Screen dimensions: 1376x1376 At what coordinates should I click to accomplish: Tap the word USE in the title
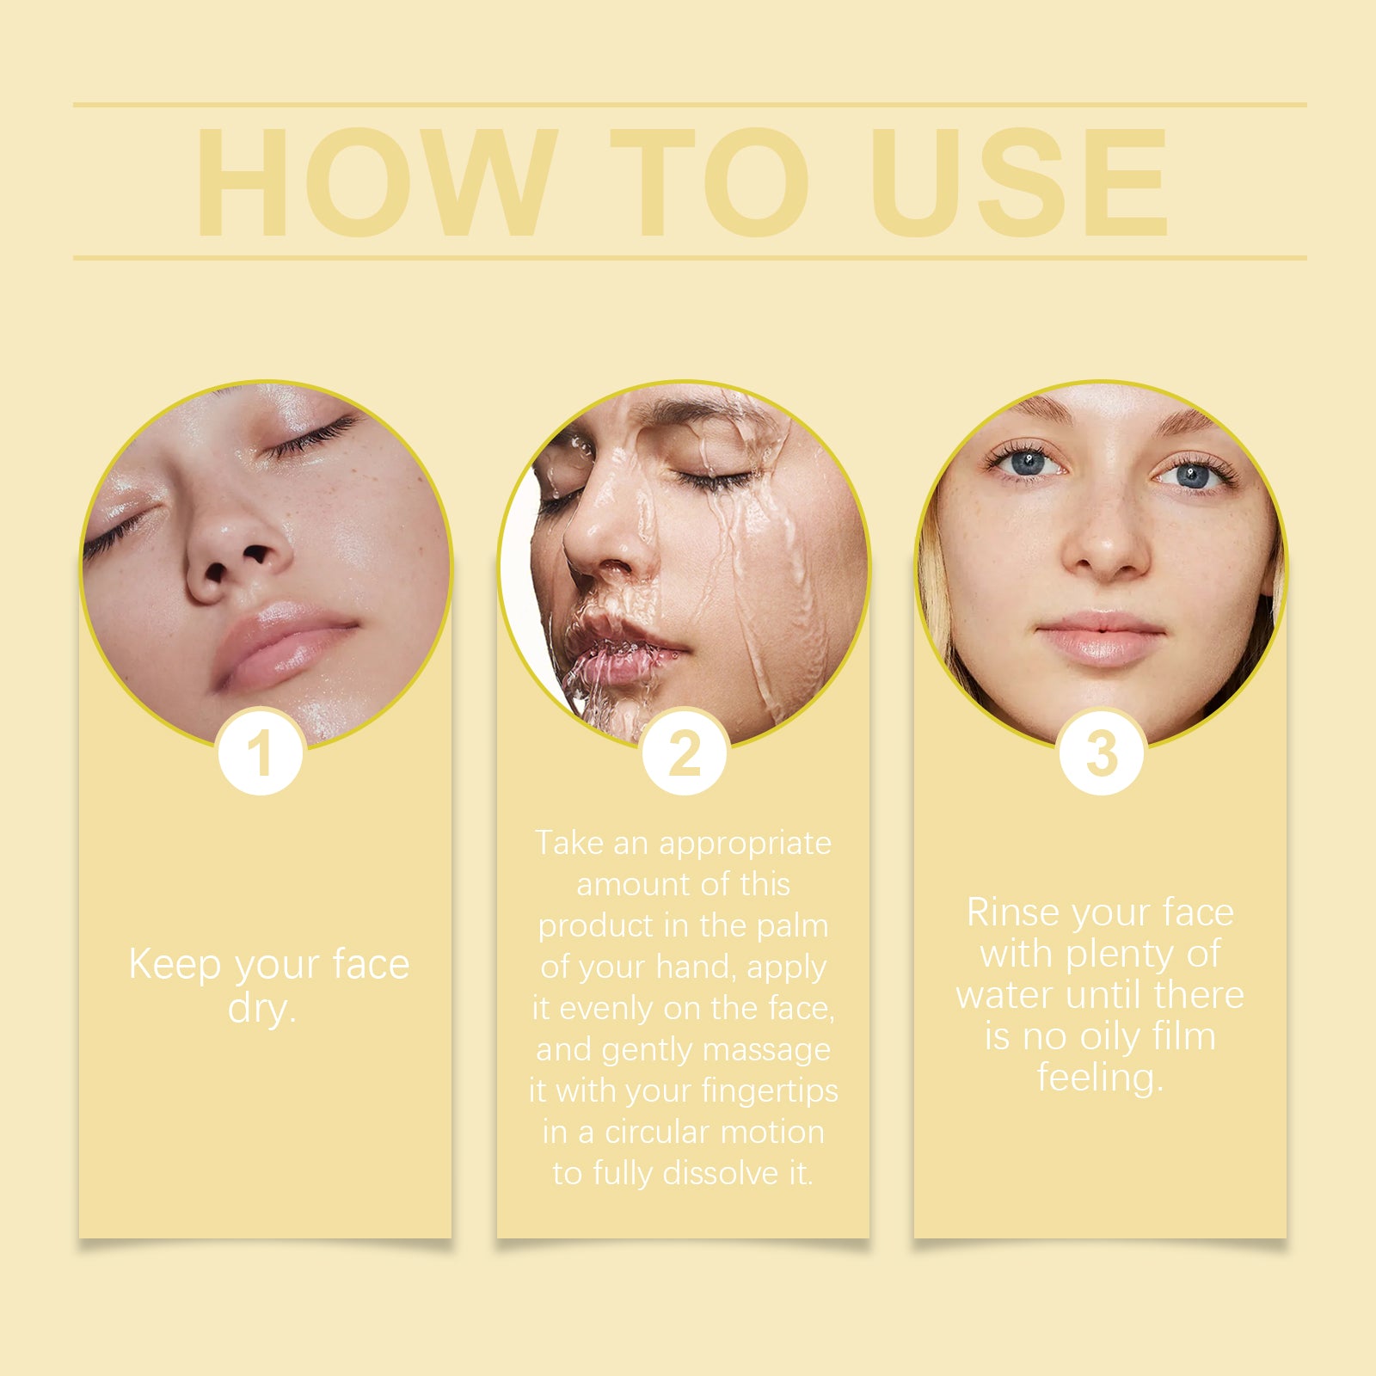click(1019, 182)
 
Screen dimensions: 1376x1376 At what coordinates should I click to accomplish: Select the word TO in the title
click(709, 182)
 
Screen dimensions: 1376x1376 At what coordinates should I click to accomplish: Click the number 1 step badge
click(261, 752)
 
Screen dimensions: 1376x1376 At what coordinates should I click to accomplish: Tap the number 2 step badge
click(685, 752)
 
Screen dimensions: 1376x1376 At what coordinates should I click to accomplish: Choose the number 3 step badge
click(1102, 752)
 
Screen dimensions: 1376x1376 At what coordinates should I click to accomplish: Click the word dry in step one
click(261, 1008)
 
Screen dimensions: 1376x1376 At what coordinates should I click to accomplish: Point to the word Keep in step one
click(174, 965)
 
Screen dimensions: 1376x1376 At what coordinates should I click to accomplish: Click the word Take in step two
click(569, 843)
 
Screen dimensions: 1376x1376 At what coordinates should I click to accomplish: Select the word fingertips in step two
click(770, 1091)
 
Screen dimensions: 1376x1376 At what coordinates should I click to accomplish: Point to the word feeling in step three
click(1100, 1078)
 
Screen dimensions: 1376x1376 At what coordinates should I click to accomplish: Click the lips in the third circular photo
click(1100, 637)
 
